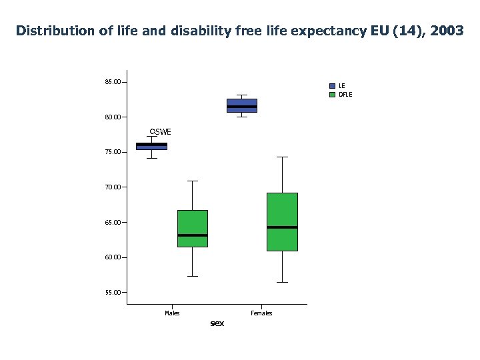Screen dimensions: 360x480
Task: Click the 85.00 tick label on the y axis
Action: pyautogui.click(x=113, y=82)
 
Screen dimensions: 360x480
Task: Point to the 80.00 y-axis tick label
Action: pyautogui.click(x=113, y=117)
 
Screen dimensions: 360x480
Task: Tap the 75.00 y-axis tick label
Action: pyautogui.click(x=113, y=152)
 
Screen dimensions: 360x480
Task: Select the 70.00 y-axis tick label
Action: pyautogui.click(x=113, y=187)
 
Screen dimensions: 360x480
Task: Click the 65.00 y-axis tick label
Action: pyautogui.click(x=113, y=222)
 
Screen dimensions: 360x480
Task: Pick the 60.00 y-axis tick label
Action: pyautogui.click(x=113, y=257)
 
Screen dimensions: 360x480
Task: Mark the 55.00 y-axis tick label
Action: pyautogui.click(x=113, y=292)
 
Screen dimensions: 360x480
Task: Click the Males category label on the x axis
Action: pyautogui.click(x=172, y=313)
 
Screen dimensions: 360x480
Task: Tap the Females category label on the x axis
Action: pyautogui.click(x=261, y=313)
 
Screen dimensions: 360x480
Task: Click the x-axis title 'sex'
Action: pyautogui.click(x=217, y=323)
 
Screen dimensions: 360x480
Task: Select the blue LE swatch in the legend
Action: pyautogui.click(x=333, y=86)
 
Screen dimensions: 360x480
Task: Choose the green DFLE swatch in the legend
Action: pyautogui.click(x=333, y=95)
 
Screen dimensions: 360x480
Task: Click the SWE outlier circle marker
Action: pyautogui.click(x=152, y=131)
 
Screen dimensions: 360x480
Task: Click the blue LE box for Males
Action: pyautogui.click(x=152, y=146)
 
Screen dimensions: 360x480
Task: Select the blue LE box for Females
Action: pyautogui.click(x=242, y=105)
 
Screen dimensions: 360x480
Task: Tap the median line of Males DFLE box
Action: pyautogui.click(x=193, y=235)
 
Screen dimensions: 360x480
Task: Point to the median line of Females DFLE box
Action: pyautogui.click(x=282, y=227)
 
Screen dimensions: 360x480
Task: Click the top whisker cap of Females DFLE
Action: pyautogui.click(x=282, y=157)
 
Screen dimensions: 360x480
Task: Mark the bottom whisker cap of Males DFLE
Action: pyautogui.click(x=193, y=276)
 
